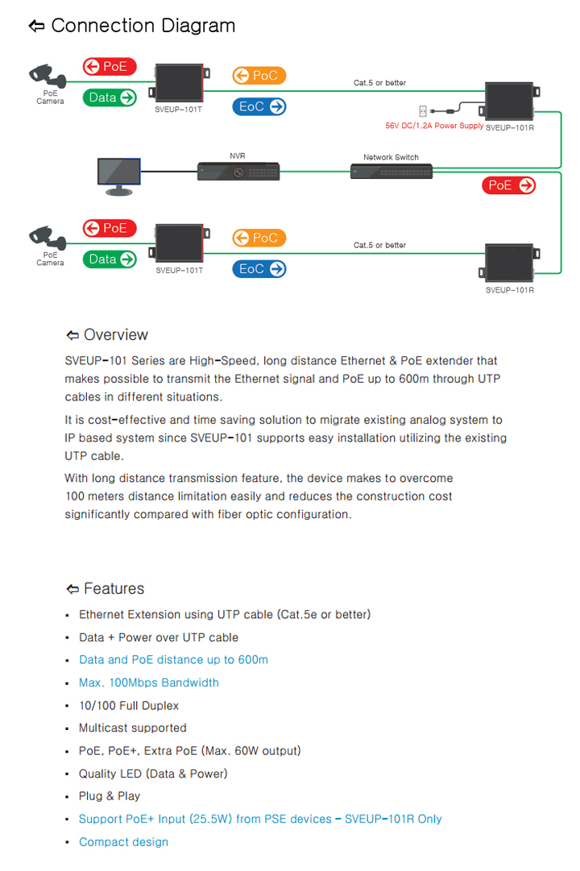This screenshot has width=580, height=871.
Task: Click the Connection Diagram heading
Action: [132, 26]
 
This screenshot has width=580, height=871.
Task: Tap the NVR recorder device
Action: [238, 171]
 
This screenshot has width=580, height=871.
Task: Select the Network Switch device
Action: [391, 171]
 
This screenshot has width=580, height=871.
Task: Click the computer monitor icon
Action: [118, 176]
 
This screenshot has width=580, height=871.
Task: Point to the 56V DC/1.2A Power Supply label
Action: [434, 126]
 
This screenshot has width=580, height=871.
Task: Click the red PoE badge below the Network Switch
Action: [510, 185]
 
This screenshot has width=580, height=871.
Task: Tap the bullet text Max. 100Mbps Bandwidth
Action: [149, 682]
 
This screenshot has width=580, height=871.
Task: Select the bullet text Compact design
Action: [123, 842]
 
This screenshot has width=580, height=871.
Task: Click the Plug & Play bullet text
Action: [110, 796]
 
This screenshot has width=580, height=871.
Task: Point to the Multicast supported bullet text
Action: [133, 728]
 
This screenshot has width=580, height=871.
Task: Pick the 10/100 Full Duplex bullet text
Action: [129, 706]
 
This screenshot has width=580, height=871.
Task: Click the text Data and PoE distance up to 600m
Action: [173, 660]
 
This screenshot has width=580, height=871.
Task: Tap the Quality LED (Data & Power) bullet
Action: [153, 774]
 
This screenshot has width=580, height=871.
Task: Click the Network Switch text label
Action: [391, 157]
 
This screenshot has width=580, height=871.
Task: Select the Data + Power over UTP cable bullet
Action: [159, 637]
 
